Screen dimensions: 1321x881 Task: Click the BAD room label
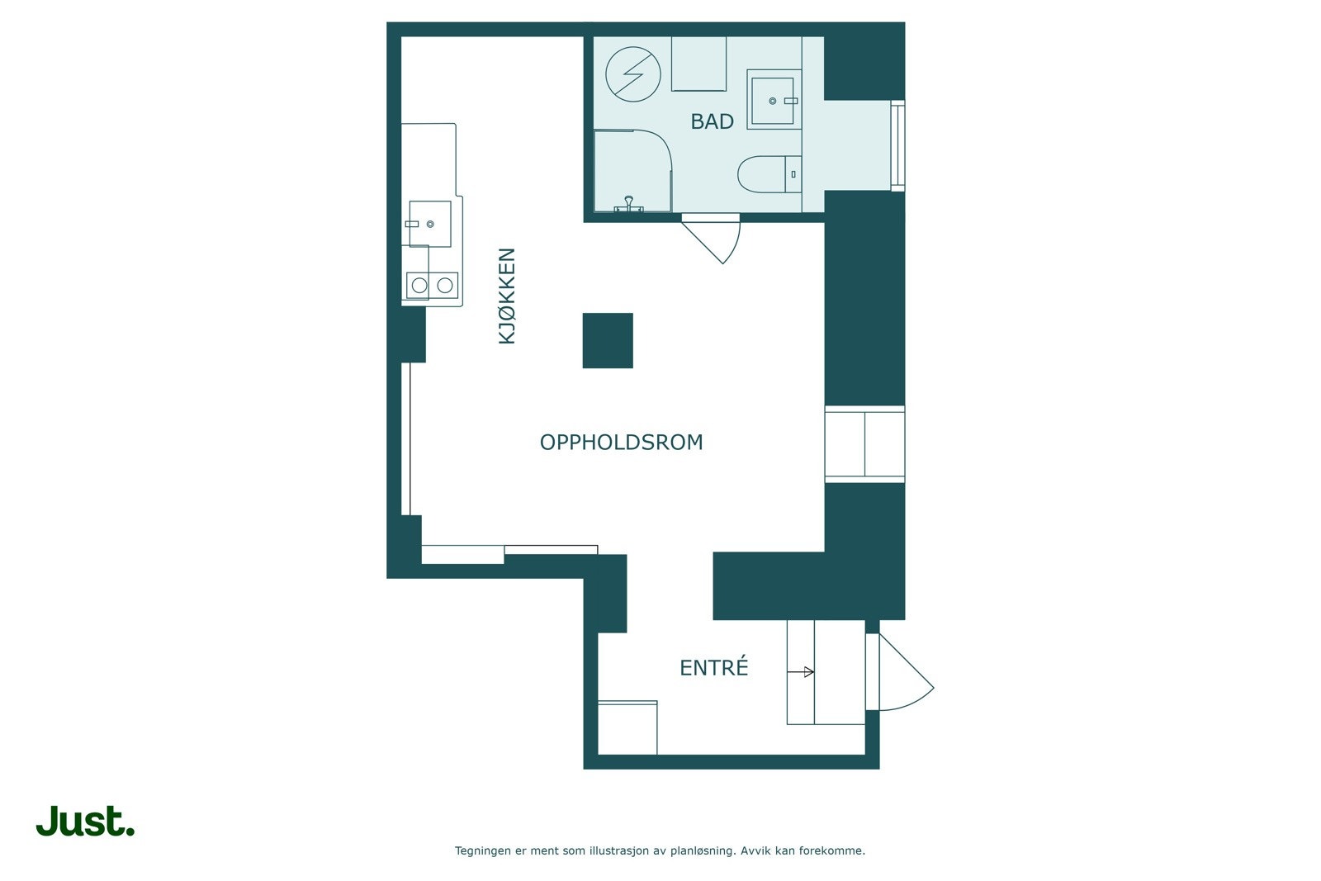point(712,121)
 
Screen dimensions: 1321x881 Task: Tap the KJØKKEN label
point(507,296)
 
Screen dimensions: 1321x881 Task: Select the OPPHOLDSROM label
point(622,443)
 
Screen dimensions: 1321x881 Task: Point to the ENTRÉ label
point(713,667)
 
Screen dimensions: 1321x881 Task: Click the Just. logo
point(86,820)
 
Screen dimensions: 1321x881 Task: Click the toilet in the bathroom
point(769,174)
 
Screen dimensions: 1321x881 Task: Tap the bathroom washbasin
point(774,100)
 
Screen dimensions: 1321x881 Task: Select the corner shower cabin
point(632,171)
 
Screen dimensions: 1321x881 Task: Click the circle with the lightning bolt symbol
point(633,74)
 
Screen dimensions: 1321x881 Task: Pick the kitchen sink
point(430,224)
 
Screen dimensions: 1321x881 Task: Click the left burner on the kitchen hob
point(419,286)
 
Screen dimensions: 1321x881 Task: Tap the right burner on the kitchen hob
point(445,286)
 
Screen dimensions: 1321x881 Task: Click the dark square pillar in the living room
point(608,341)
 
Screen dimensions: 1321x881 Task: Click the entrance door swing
point(905,672)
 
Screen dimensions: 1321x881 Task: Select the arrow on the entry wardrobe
point(801,671)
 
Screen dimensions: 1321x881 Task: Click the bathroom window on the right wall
point(897,145)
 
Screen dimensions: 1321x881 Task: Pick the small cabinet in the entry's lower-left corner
point(627,727)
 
